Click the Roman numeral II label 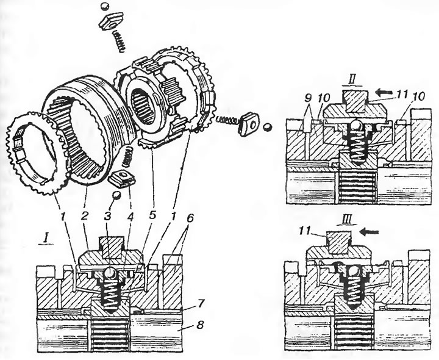(x=353, y=81)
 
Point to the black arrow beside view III (x=369, y=232)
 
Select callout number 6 (x=190, y=219)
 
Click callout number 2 (x=85, y=216)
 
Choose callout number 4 (x=130, y=216)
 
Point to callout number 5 (x=152, y=216)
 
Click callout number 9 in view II (x=307, y=98)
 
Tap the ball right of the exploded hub (x=268, y=127)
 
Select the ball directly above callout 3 (x=116, y=195)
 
